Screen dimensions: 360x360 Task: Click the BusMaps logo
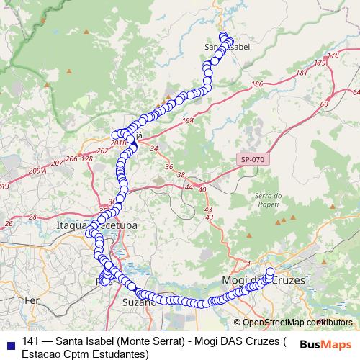click(x=325, y=344)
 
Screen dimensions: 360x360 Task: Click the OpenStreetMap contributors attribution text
click(x=292, y=323)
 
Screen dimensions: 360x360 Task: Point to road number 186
click(x=257, y=85)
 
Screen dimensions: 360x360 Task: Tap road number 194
click(x=188, y=120)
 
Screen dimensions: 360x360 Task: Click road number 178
click(x=332, y=55)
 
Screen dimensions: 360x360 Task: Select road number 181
click(x=301, y=73)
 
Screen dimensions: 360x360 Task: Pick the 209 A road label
click(x=37, y=171)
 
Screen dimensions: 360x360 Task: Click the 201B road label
click(x=119, y=143)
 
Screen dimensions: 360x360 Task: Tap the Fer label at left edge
click(x=32, y=299)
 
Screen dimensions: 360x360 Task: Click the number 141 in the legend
click(x=31, y=341)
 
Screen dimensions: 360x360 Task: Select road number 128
click(x=88, y=158)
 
